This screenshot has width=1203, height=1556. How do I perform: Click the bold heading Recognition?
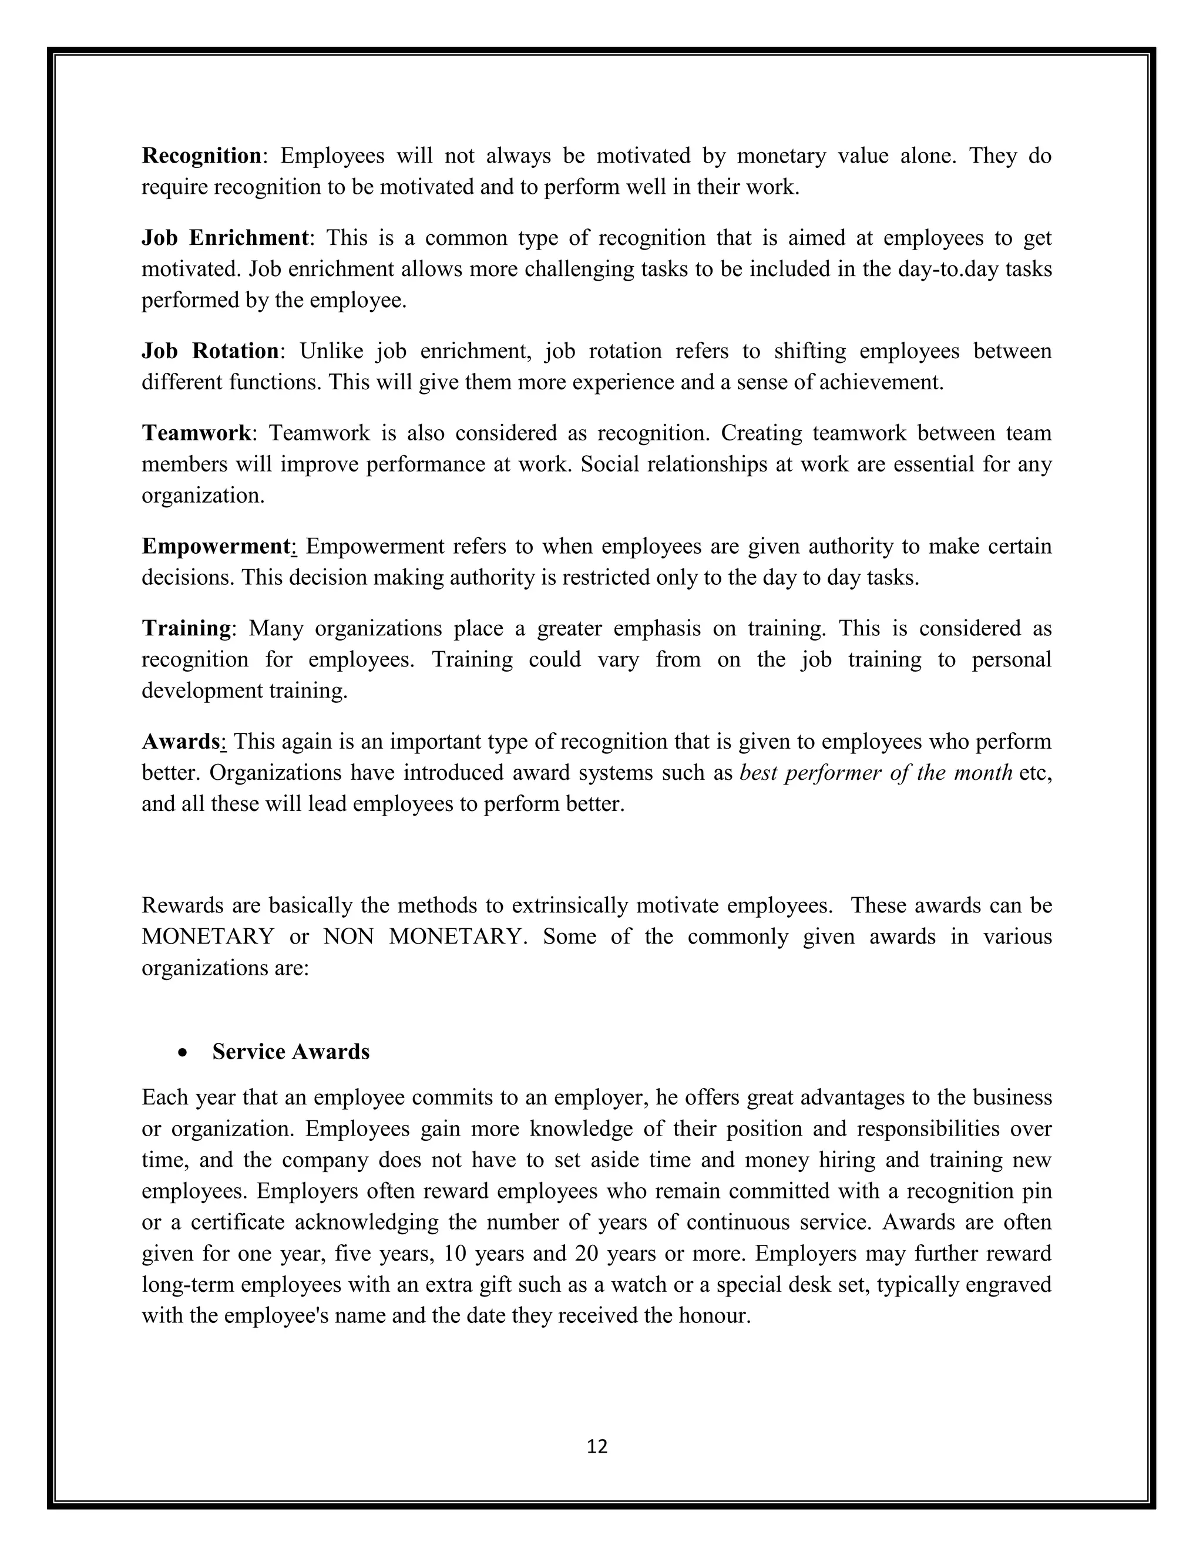coord(201,156)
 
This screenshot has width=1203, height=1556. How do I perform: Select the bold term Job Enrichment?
coord(225,237)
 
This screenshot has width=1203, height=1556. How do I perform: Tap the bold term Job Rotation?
coord(210,351)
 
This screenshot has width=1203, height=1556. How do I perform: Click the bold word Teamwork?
coord(196,433)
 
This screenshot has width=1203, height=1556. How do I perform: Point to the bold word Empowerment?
coord(217,547)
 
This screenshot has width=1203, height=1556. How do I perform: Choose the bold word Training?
coord(186,628)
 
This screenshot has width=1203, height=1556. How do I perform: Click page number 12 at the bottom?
coord(597,1446)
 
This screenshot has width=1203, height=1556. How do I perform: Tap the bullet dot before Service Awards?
coord(184,1052)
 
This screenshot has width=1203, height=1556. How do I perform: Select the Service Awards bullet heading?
coord(291,1052)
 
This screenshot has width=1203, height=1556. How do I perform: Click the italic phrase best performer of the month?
coord(876,773)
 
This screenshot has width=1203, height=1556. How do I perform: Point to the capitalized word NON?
coord(348,936)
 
